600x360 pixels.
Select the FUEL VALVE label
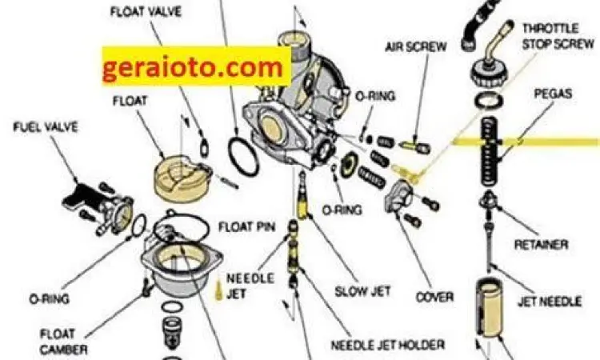[x=44, y=128]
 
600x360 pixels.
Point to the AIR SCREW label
[x=415, y=46]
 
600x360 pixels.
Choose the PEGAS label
[x=553, y=94]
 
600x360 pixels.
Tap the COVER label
[x=434, y=297]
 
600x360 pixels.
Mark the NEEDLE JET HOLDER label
[x=388, y=345]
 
